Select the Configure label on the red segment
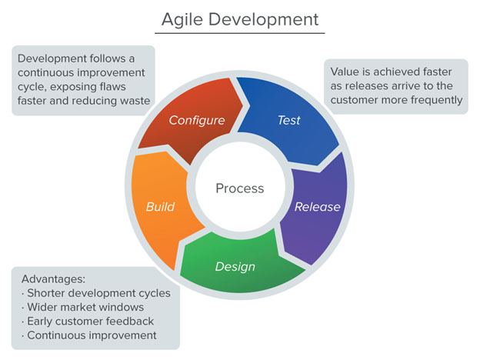pyautogui.click(x=196, y=120)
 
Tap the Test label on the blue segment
pyautogui.click(x=288, y=120)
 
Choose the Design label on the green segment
pyautogui.click(x=235, y=267)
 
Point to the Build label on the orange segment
pyautogui.click(x=160, y=206)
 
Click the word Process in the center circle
pyautogui.click(x=239, y=188)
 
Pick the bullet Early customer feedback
pyautogui.click(x=88, y=321)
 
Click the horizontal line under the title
pyautogui.click(x=239, y=33)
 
